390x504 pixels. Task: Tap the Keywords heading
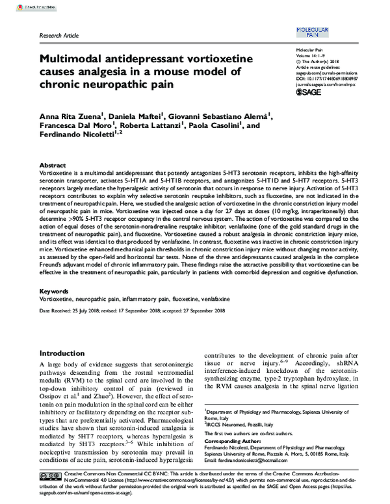54,292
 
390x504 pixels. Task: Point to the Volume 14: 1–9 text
311,57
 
